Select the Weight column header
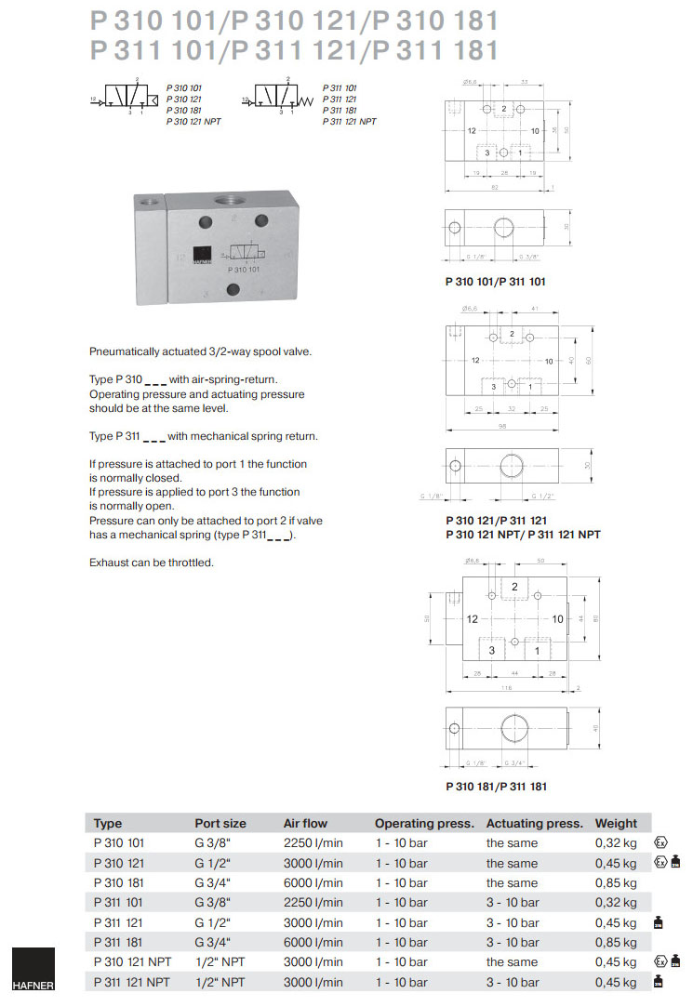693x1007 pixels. [x=616, y=823]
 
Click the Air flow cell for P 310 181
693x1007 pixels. [x=313, y=882]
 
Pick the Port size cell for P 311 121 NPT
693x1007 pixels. [x=220, y=982]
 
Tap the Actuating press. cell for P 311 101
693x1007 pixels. [x=513, y=902]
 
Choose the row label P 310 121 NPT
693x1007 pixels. [x=132, y=961]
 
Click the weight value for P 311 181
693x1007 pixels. [x=616, y=942]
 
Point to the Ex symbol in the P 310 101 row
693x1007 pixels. [x=660, y=842]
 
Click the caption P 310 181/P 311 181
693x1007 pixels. [x=496, y=786]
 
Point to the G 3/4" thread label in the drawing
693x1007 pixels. [x=516, y=762]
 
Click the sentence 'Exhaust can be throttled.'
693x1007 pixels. [x=151, y=563]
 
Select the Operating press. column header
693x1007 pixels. [x=424, y=823]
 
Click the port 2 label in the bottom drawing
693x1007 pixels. [x=513, y=587]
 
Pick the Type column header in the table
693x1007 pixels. [x=108, y=823]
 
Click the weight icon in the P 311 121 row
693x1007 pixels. [x=659, y=922]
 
